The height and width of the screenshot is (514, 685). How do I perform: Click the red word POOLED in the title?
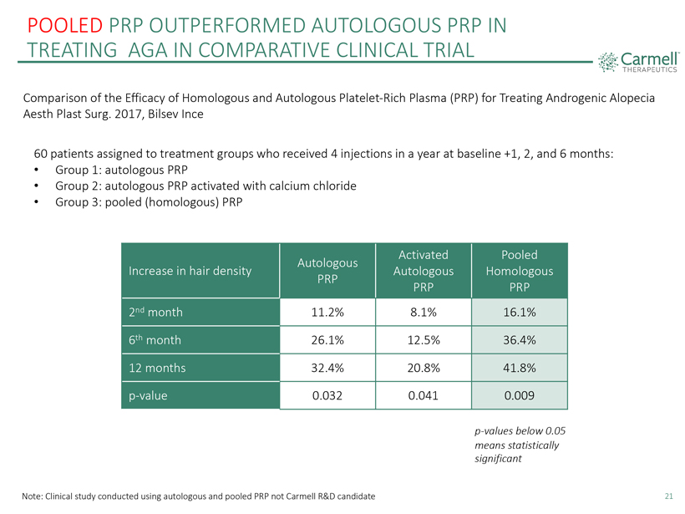pyautogui.click(x=64, y=25)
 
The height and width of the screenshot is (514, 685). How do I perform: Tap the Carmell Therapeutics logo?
pyautogui.click(x=638, y=62)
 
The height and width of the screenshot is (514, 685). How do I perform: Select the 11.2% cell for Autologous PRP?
pyautogui.click(x=327, y=312)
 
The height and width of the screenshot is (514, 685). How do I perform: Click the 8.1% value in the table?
pyautogui.click(x=424, y=312)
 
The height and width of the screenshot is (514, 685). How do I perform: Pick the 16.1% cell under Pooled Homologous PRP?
pyautogui.click(x=520, y=312)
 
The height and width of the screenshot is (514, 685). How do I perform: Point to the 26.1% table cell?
pyautogui.click(x=327, y=340)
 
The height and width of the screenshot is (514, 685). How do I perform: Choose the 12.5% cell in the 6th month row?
pyautogui.click(x=424, y=340)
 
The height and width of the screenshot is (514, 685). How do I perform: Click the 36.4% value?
pyautogui.click(x=520, y=340)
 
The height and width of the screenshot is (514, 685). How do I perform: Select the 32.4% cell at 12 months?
pyautogui.click(x=327, y=368)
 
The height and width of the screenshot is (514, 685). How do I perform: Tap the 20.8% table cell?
pyautogui.click(x=424, y=368)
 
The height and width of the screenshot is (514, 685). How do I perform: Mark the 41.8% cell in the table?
pyautogui.click(x=520, y=368)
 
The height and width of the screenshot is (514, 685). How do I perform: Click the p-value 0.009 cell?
pyautogui.click(x=520, y=395)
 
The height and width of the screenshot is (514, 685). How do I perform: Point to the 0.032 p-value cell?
pyautogui.click(x=327, y=395)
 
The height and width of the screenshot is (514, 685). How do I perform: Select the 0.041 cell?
pyautogui.click(x=424, y=395)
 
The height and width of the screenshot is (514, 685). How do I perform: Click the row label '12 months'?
pyautogui.click(x=157, y=368)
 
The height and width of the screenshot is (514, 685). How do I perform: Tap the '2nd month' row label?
pyautogui.click(x=155, y=312)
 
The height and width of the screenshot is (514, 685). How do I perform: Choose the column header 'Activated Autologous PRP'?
pyautogui.click(x=424, y=271)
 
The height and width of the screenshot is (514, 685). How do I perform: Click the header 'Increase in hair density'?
pyautogui.click(x=190, y=271)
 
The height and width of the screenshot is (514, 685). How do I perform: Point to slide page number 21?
pyautogui.click(x=669, y=496)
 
